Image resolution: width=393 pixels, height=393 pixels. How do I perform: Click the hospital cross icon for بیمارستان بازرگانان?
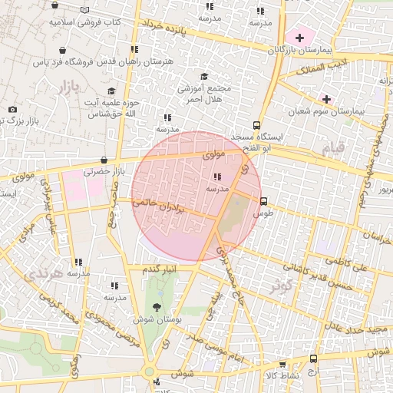(299, 38)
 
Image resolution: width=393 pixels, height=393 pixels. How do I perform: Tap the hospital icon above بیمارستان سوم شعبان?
(327, 99)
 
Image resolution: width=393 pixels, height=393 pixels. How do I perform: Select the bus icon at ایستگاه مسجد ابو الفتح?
(256, 126)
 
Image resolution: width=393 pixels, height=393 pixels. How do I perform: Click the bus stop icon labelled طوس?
(264, 202)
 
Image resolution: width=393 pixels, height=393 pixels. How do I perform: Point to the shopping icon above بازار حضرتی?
(104, 160)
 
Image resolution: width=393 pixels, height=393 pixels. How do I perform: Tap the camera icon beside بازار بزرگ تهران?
(12, 110)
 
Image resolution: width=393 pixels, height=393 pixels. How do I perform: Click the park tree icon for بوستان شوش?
(157, 307)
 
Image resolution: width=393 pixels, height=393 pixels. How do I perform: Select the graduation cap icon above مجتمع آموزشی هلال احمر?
(203, 76)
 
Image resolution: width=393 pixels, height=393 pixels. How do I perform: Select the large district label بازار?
(67, 88)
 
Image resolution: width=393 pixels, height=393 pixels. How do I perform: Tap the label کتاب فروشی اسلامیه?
(85, 22)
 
